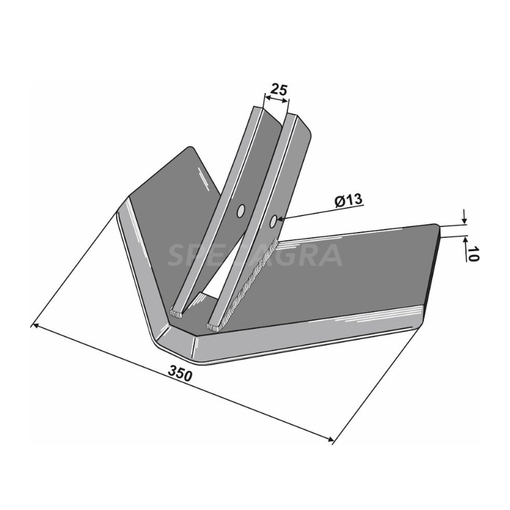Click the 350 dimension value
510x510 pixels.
(x=181, y=375)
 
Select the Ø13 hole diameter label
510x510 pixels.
(x=348, y=200)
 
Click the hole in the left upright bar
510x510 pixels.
(x=241, y=211)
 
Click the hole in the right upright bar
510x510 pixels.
(x=273, y=221)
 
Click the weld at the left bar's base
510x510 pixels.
(x=177, y=313)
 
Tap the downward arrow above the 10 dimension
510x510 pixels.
(x=463, y=219)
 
